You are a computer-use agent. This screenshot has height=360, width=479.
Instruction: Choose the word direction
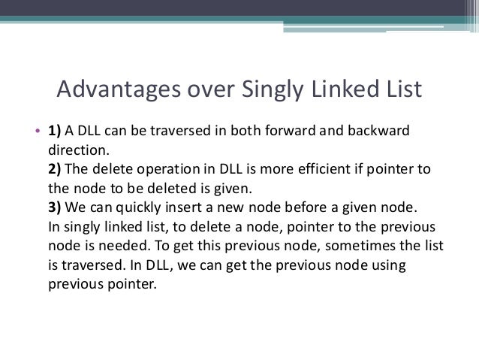(x=73, y=148)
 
